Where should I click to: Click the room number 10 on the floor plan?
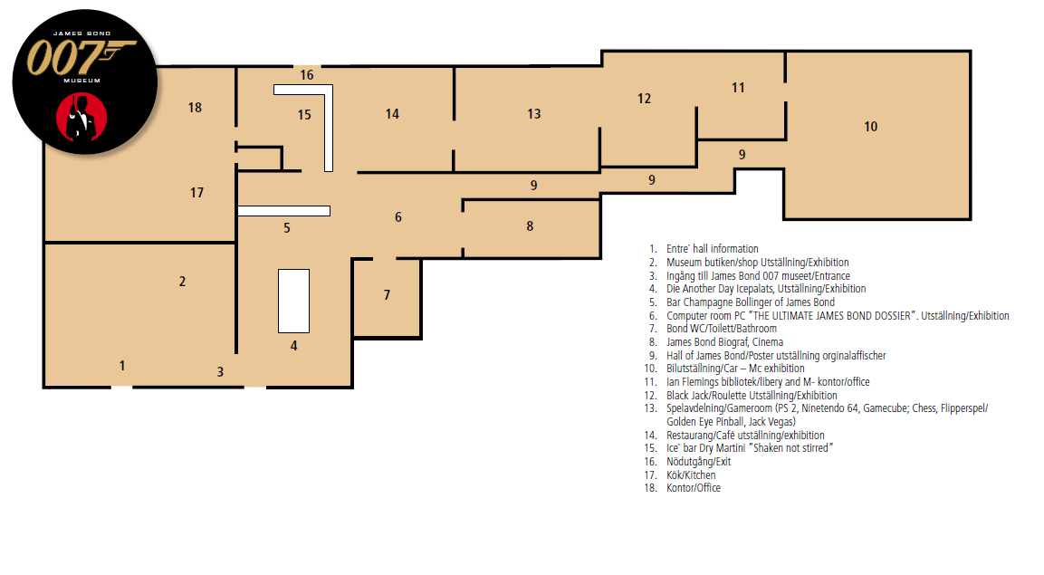pyautogui.click(x=871, y=127)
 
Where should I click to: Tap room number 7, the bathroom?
pyautogui.click(x=387, y=295)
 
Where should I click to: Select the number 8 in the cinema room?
pyautogui.click(x=530, y=226)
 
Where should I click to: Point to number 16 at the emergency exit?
pyautogui.click(x=307, y=75)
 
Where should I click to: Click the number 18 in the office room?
pyautogui.click(x=195, y=108)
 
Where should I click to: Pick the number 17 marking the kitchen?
pyautogui.click(x=197, y=193)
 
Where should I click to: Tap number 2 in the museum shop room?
pyautogui.click(x=182, y=282)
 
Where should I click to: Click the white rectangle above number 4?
pyautogui.click(x=293, y=301)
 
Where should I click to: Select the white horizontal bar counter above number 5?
pyautogui.click(x=284, y=211)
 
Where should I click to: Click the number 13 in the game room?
pyautogui.click(x=534, y=114)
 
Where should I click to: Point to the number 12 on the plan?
pyautogui.click(x=644, y=99)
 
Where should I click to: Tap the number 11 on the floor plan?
pyautogui.click(x=738, y=88)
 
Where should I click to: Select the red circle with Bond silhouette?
pyautogui.click(x=81, y=117)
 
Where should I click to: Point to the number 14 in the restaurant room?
pyautogui.click(x=392, y=114)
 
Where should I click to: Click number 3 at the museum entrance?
pyautogui.click(x=220, y=372)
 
